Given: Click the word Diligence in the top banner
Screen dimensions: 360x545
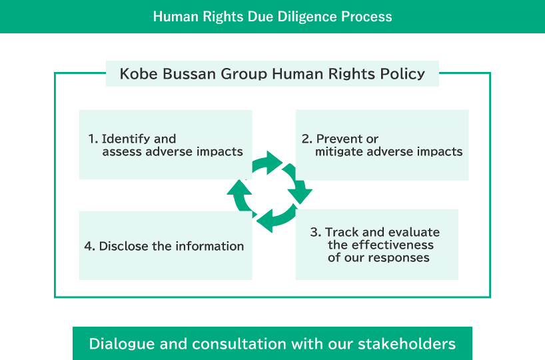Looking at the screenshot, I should [x=292, y=16].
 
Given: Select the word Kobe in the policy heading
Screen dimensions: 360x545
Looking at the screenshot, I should [x=135, y=73].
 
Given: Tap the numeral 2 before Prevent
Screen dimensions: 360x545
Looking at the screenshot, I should [x=306, y=139].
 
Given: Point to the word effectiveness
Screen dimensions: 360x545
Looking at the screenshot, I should [x=380, y=245].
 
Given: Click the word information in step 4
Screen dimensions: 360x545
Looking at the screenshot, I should [x=210, y=246].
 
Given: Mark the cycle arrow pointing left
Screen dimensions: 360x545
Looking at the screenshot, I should [x=273, y=219].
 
